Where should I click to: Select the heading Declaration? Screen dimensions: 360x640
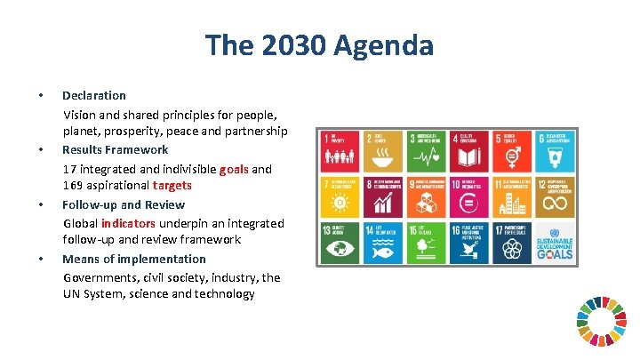click(94, 95)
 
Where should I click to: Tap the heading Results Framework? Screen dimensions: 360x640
click(115, 149)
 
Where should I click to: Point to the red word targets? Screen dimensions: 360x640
click(172, 186)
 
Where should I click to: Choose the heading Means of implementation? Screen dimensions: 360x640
click(133, 259)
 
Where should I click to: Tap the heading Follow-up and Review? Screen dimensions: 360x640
click(124, 204)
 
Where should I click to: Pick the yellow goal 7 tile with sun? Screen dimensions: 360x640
click(340, 196)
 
